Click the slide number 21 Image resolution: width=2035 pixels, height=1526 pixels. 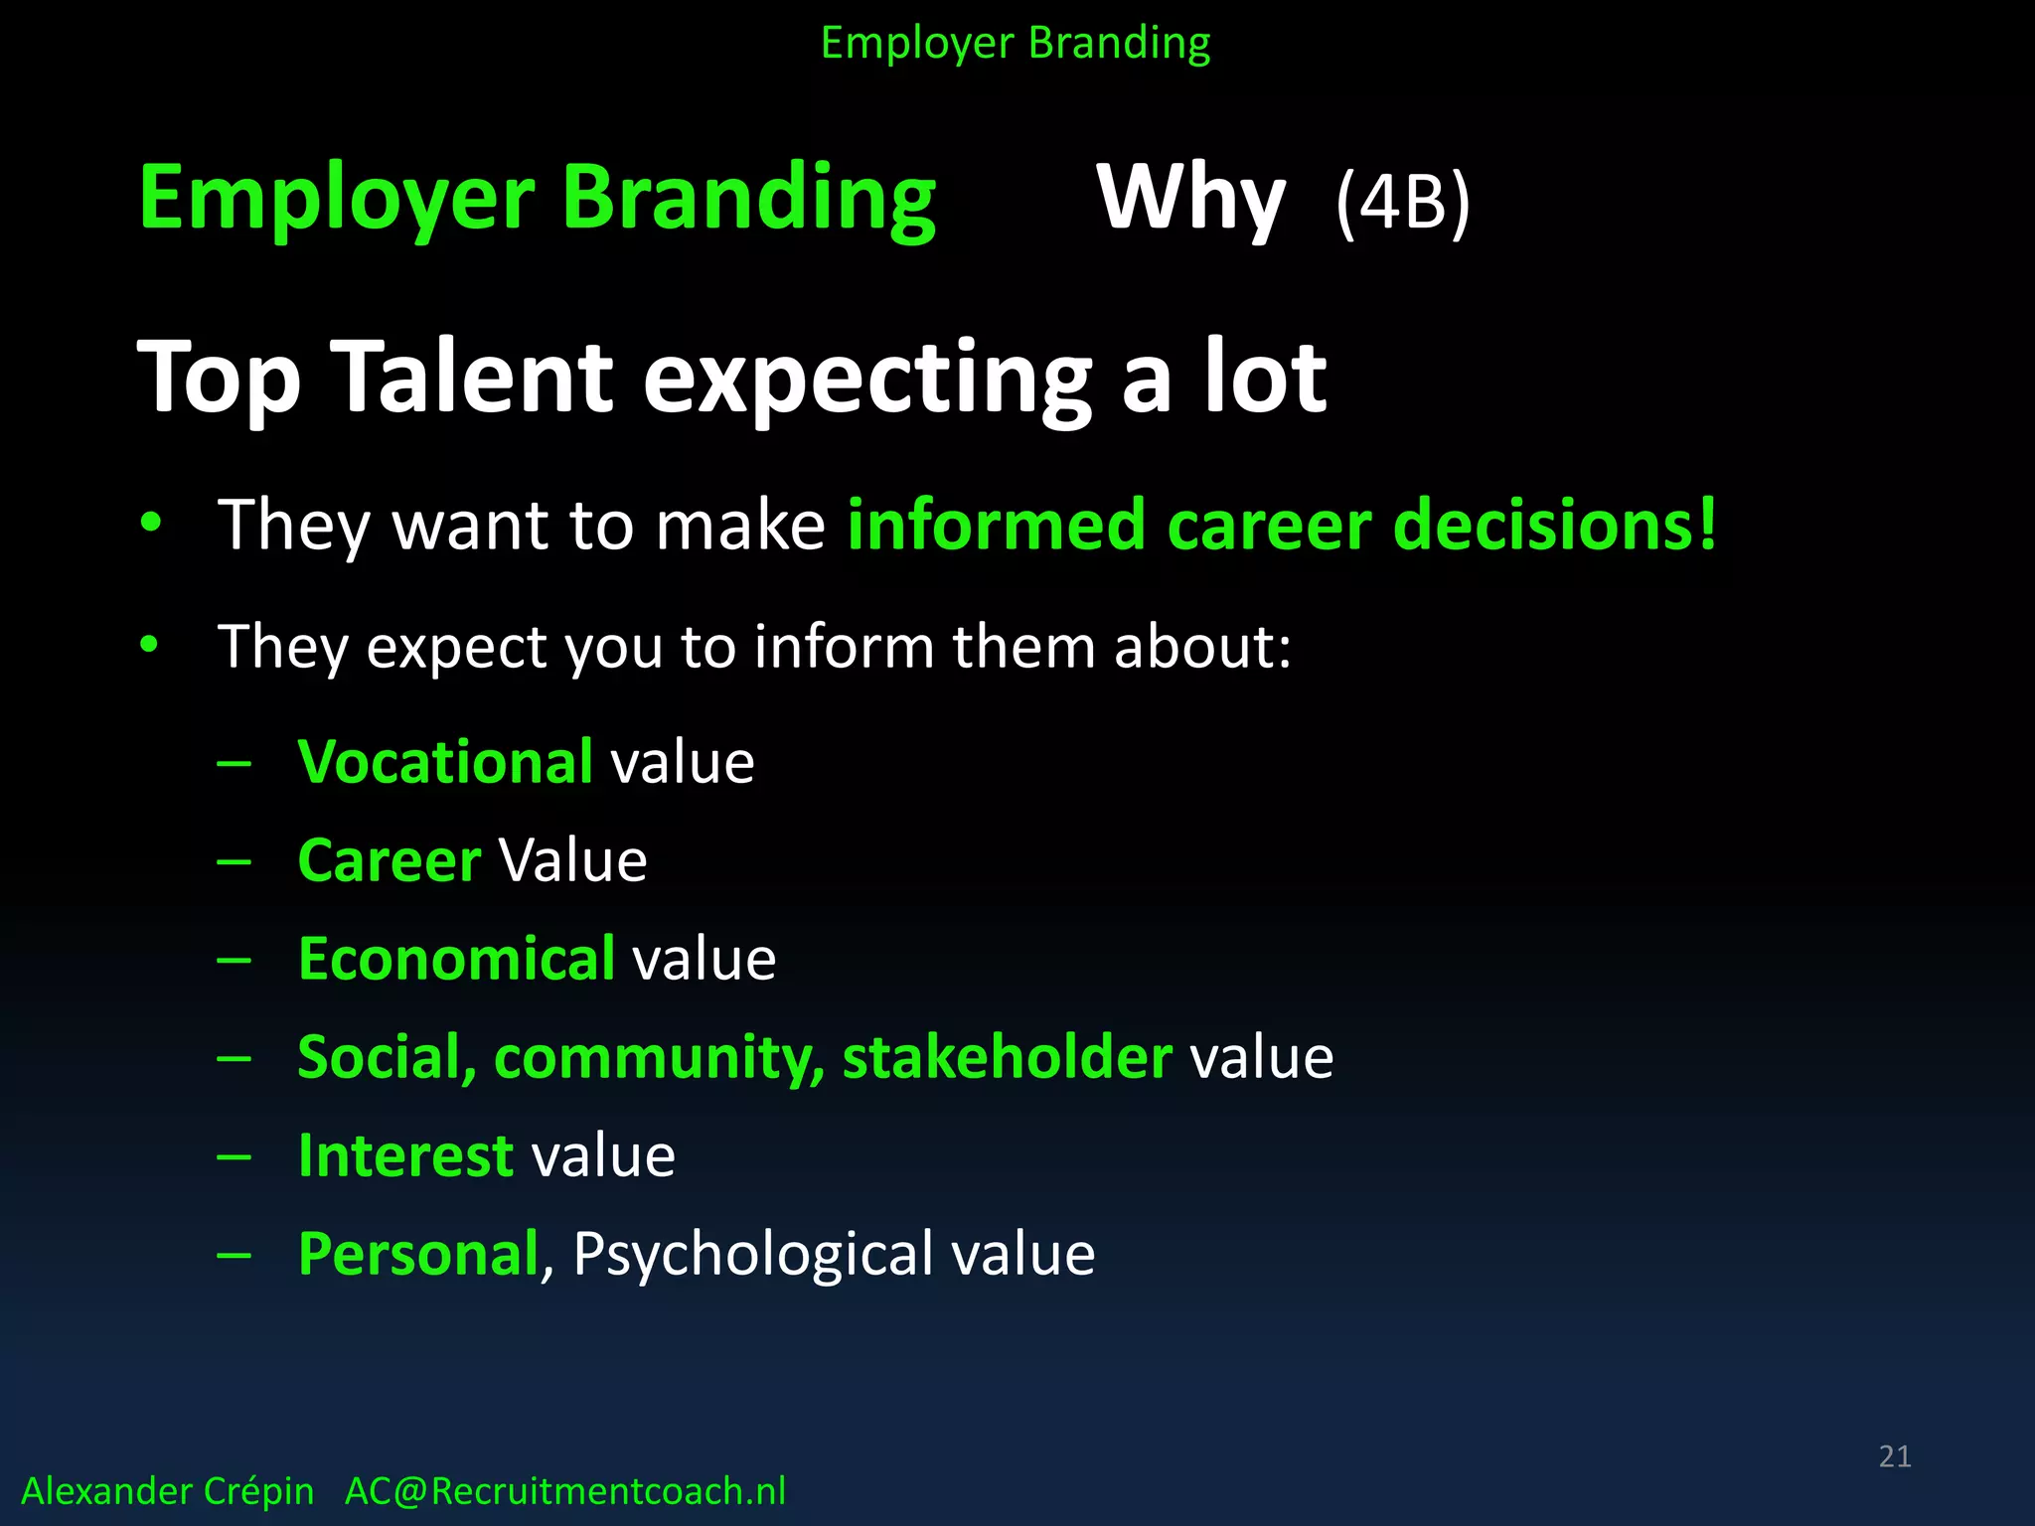click(1894, 1456)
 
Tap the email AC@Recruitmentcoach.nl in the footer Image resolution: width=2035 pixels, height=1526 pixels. click(564, 1491)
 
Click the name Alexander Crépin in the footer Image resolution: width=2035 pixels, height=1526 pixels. click(167, 1491)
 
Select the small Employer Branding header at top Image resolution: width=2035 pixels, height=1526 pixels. click(1016, 44)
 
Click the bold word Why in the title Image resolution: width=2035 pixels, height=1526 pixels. click(1190, 199)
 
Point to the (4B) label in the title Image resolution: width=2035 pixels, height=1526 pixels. click(1402, 203)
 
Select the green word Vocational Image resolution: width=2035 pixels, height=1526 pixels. click(445, 762)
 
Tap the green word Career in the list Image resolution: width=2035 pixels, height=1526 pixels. click(389, 860)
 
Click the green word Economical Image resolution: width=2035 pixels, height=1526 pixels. click(456, 959)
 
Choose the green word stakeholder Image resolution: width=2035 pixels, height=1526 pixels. click(1007, 1057)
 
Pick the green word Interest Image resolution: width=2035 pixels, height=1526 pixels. click(405, 1155)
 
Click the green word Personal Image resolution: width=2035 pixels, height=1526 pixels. click(417, 1254)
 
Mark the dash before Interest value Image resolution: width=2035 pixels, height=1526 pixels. click(234, 1156)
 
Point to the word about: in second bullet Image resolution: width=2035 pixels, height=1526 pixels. click(1202, 647)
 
